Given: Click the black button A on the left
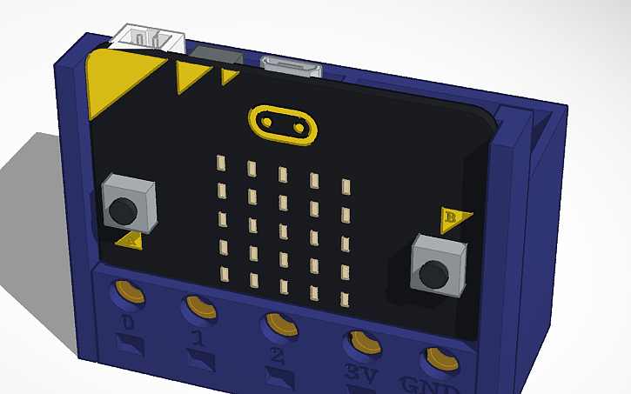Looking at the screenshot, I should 124,208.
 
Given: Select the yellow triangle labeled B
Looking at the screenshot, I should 453,218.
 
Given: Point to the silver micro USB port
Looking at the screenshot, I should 292,66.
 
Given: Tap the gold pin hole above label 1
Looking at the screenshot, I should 201,308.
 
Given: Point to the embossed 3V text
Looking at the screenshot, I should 353,372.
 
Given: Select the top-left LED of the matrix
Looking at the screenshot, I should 220,163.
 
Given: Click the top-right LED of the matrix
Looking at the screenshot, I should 346,186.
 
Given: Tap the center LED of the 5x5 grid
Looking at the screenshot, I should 283,230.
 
